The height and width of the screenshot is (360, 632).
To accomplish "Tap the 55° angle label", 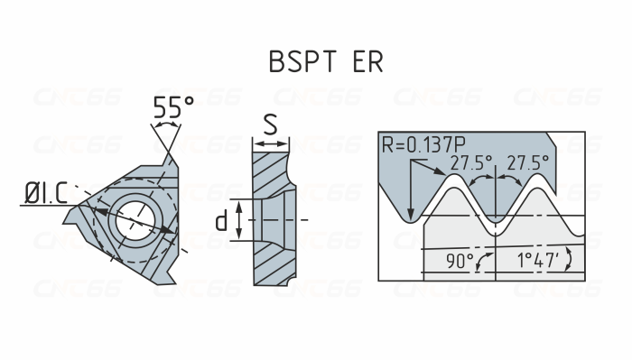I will (173, 108).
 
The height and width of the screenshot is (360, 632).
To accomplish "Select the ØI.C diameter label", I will (41, 192).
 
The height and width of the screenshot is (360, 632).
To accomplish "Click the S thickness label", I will (270, 125).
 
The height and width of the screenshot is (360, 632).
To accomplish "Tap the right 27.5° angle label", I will (527, 163).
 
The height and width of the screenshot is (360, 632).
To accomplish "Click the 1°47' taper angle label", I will (538, 262).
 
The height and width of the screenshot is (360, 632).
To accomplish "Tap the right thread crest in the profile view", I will (541, 179).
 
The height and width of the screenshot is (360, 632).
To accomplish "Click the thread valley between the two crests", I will (497, 219).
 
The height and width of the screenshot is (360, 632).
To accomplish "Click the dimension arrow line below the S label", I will (270, 142).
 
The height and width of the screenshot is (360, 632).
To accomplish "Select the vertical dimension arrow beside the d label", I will (239, 220).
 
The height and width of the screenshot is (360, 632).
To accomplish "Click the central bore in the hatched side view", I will (271, 220).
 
